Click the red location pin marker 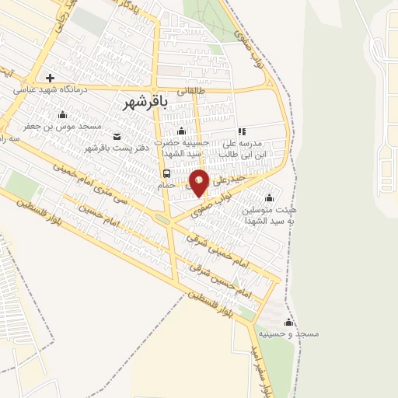coord(199,181)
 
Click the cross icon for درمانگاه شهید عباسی coord(51,78)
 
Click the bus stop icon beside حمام coord(167,173)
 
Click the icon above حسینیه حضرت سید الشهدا coord(182,131)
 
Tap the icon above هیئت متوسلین coord(269,197)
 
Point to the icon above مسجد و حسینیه coord(289,322)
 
